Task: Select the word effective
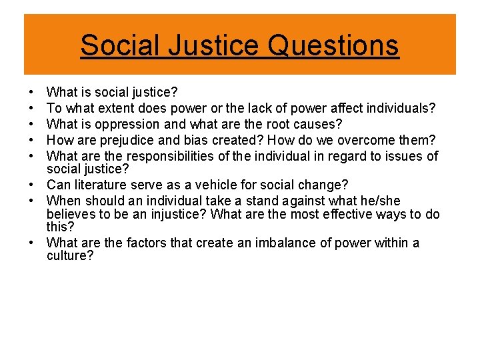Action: tap(348, 214)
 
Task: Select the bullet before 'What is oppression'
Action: tap(31, 125)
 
